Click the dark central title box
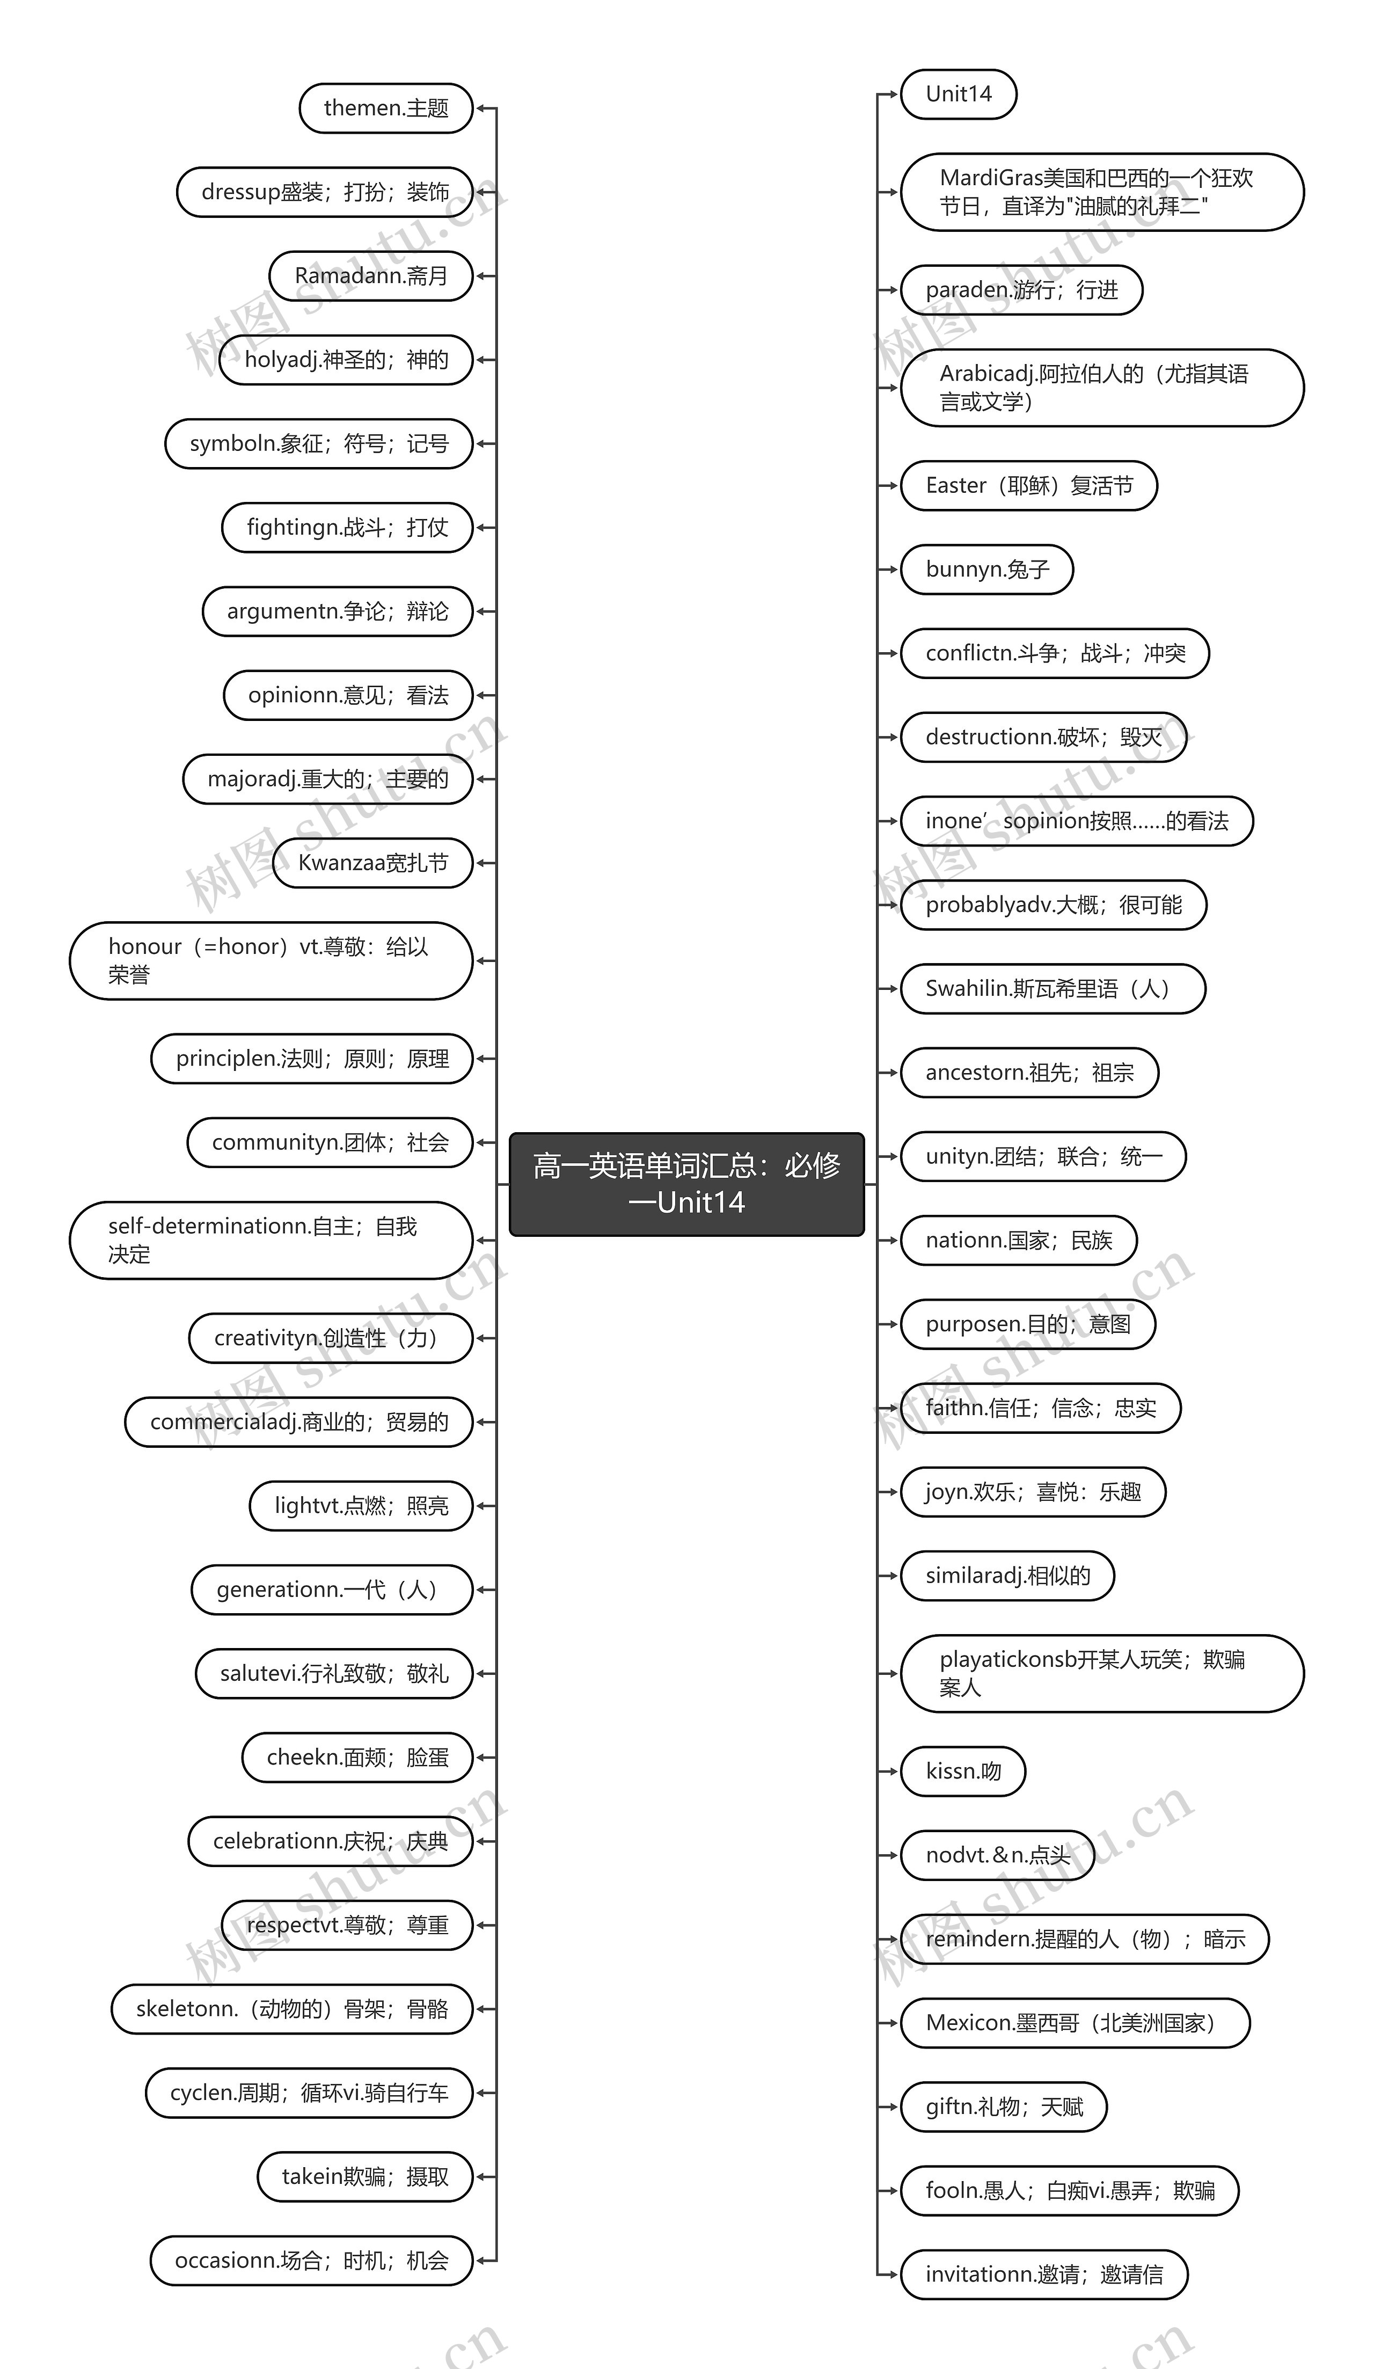tap(686, 1184)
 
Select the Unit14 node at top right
tap(958, 94)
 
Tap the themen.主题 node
tap(385, 108)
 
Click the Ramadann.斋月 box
tap(370, 275)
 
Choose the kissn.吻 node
tap(962, 1771)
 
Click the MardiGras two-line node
tap(1101, 192)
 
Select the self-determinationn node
tap(271, 1240)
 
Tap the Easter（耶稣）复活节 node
tap(1028, 486)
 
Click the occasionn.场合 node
tap(311, 2260)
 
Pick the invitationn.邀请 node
tap(1043, 2274)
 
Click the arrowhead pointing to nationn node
tap(892, 1240)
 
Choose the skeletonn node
tap(291, 2009)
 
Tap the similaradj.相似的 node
tap(1006, 1576)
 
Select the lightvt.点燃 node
tap(361, 1506)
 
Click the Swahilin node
tap(1051, 989)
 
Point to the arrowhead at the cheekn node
tap(481, 1757)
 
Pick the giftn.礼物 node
tap(1003, 2106)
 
